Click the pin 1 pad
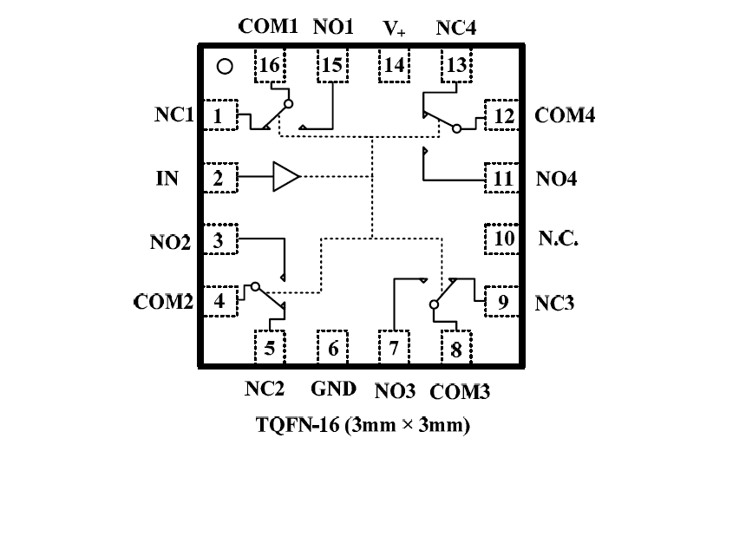pos(219,114)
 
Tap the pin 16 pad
pos(270,66)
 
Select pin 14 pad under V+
pos(394,66)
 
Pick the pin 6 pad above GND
pos(331,349)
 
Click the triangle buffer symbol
pos(285,177)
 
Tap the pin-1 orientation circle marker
pos(224,66)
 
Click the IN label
pos(167,179)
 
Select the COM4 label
pos(565,114)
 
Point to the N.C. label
pos(559,238)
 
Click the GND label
pos(333,389)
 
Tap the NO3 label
pos(396,390)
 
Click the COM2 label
pos(162,302)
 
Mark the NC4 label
pos(455,28)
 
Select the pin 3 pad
pos(219,240)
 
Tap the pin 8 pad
pos(456,349)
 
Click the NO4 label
pos(557,179)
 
